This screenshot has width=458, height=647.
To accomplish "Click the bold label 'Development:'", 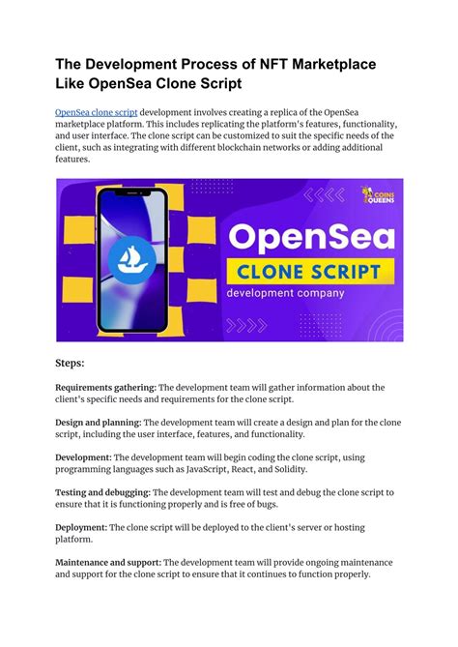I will coord(84,456).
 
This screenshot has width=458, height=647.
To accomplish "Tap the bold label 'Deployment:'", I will coord(81,527).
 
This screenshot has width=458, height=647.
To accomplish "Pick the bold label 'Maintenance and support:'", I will coord(108,562).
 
